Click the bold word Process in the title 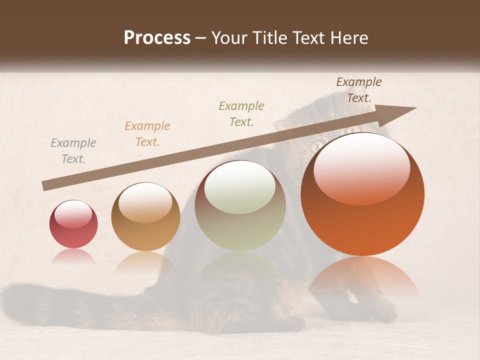pyautogui.click(x=157, y=38)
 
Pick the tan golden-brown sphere pyautogui.click(x=145, y=220)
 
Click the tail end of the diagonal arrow pyautogui.click(x=45, y=186)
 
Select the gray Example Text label pyautogui.click(x=73, y=151)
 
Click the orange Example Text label pyautogui.click(x=147, y=134)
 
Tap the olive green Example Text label pyautogui.click(x=241, y=114)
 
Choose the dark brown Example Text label pyautogui.click(x=358, y=90)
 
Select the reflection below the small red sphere pyautogui.click(x=73, y=256)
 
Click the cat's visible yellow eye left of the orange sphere pyautogui.click(x=316, y=146)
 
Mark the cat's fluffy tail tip pyautogui.click(x=15, y=295)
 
